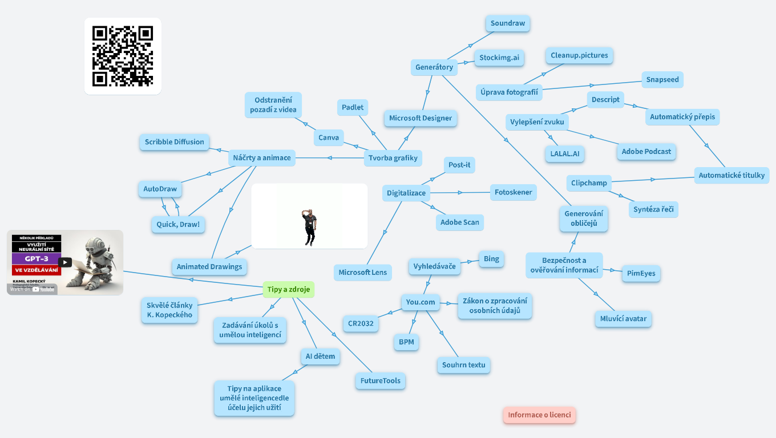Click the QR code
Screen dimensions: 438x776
123,56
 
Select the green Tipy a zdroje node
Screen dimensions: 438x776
289,289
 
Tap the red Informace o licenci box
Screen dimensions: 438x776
539,415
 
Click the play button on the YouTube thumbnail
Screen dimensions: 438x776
65,262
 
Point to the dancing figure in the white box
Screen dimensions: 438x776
309,226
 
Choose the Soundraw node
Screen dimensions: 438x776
508,23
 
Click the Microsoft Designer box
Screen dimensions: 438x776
421,118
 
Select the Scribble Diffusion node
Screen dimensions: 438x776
174,142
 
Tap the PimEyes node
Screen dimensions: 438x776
641,273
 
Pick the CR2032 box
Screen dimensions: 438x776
361,323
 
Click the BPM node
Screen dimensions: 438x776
406,342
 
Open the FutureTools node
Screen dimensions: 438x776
380,380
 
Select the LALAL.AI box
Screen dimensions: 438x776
564,153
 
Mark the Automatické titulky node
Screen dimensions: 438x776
731,175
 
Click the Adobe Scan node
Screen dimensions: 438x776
459,222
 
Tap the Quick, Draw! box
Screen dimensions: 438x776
178,224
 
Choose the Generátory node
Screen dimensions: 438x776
434,67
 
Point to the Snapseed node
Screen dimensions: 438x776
662,79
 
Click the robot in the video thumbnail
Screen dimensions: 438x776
97,259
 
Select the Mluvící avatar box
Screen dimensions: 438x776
623,318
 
